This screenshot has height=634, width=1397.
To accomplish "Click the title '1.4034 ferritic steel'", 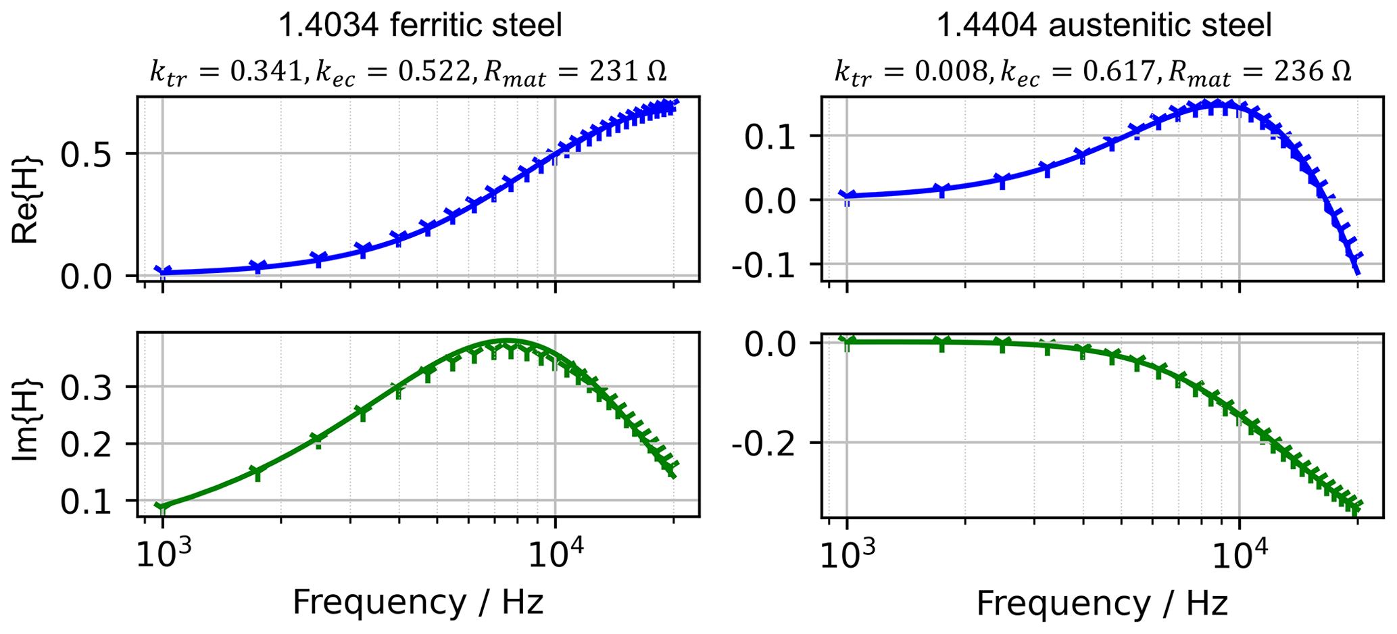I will point(420,26).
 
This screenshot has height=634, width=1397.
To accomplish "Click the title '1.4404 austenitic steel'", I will point(1104,26).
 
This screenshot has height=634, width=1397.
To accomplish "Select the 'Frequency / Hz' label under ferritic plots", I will point(418,602).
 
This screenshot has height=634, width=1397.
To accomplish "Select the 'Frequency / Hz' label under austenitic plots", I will point(1102,602).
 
